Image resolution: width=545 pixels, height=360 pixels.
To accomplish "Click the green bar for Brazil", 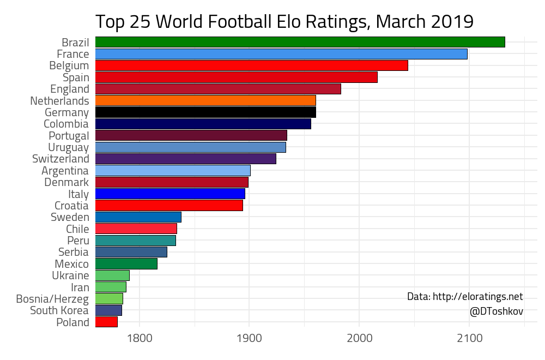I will coord(300,42).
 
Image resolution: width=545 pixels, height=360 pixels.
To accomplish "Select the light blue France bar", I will coord(281,54).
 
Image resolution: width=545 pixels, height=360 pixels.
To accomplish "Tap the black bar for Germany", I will coord(205,112).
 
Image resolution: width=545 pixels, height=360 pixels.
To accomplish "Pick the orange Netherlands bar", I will coord(205,101).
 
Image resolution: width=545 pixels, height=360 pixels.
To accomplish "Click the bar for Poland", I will coord(106,322).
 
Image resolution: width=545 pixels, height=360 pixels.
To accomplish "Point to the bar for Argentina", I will coord(173,171).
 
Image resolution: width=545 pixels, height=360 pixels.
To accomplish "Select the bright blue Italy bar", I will coord(170,194).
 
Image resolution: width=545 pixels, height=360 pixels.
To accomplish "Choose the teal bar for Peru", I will coord(135,241).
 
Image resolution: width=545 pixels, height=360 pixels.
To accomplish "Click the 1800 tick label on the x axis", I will coord(140,338).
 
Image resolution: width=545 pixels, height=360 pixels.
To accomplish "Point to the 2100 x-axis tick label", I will coord(469,338).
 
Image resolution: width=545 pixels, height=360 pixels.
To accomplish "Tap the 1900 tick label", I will coord(250,338).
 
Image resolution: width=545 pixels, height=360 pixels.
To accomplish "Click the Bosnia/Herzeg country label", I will coord(52,299).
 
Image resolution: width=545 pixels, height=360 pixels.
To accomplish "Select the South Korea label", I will coord(59,310).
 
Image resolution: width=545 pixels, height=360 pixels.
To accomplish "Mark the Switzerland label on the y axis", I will coord(60,159).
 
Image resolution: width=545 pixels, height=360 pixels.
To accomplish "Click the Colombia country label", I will coord(66,124).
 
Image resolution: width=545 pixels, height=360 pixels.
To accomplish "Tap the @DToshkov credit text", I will coord(496,311).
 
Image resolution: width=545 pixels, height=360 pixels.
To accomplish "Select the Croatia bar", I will coord(169,206).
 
